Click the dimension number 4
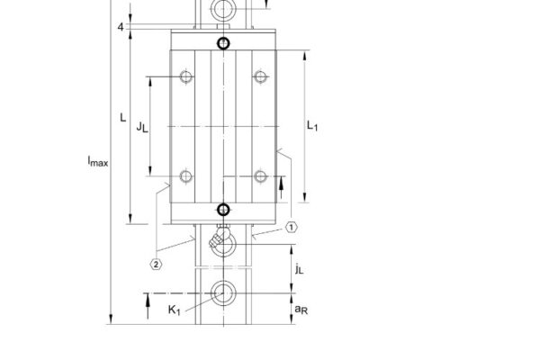click(120, 26)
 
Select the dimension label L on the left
click(121, 118)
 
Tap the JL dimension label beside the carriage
click(141, 127)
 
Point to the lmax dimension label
click(97, 162)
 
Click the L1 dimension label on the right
click(313, 127)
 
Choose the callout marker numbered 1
click(292, 228)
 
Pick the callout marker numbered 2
click(156, 264)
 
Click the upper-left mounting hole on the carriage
click(185, 76)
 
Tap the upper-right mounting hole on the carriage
click(260, 76)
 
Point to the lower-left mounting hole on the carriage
click(185, 175)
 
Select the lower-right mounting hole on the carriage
click(260, 175)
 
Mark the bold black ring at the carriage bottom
click(223, 211)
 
